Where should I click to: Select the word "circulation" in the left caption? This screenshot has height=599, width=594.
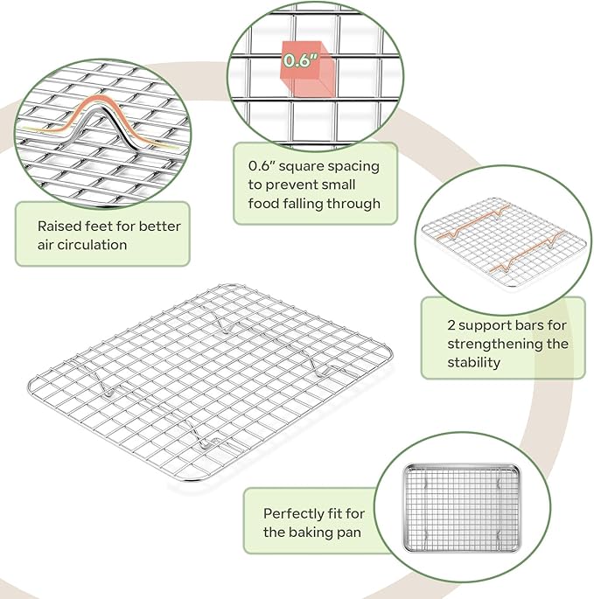click(93, 245)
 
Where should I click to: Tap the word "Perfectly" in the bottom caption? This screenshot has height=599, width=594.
click(294, 514)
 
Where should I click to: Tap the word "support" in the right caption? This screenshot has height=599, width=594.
click(489, 325)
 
